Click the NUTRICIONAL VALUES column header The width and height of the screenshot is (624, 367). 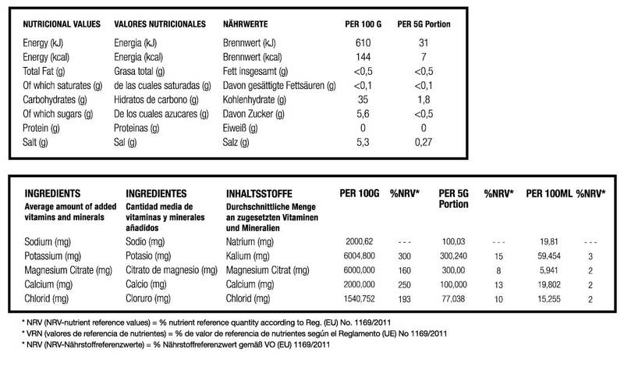[x=62, y=24]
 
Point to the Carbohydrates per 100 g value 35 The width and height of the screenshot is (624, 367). [x=361, y=99]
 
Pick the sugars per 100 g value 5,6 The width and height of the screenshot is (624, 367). [x=361, y=113]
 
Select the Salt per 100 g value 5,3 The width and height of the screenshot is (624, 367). [x=361, y=142]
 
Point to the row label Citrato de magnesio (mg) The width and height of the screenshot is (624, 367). [x=170, y=270]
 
